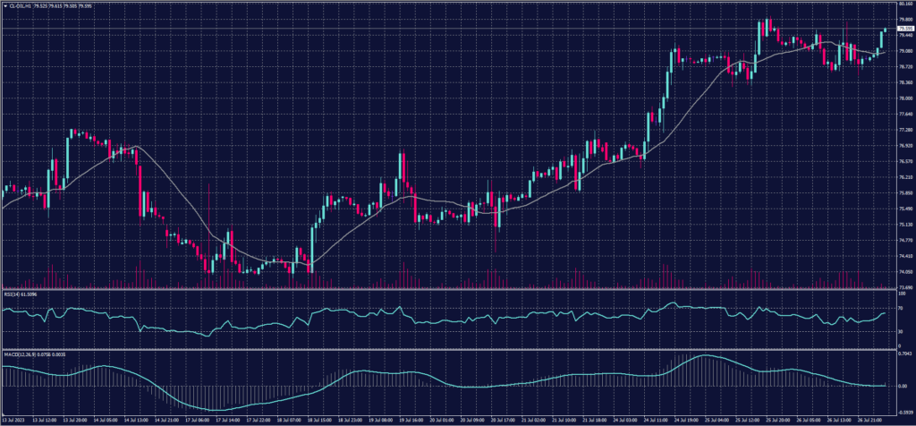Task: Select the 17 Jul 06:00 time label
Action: click(x=197, y=419)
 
